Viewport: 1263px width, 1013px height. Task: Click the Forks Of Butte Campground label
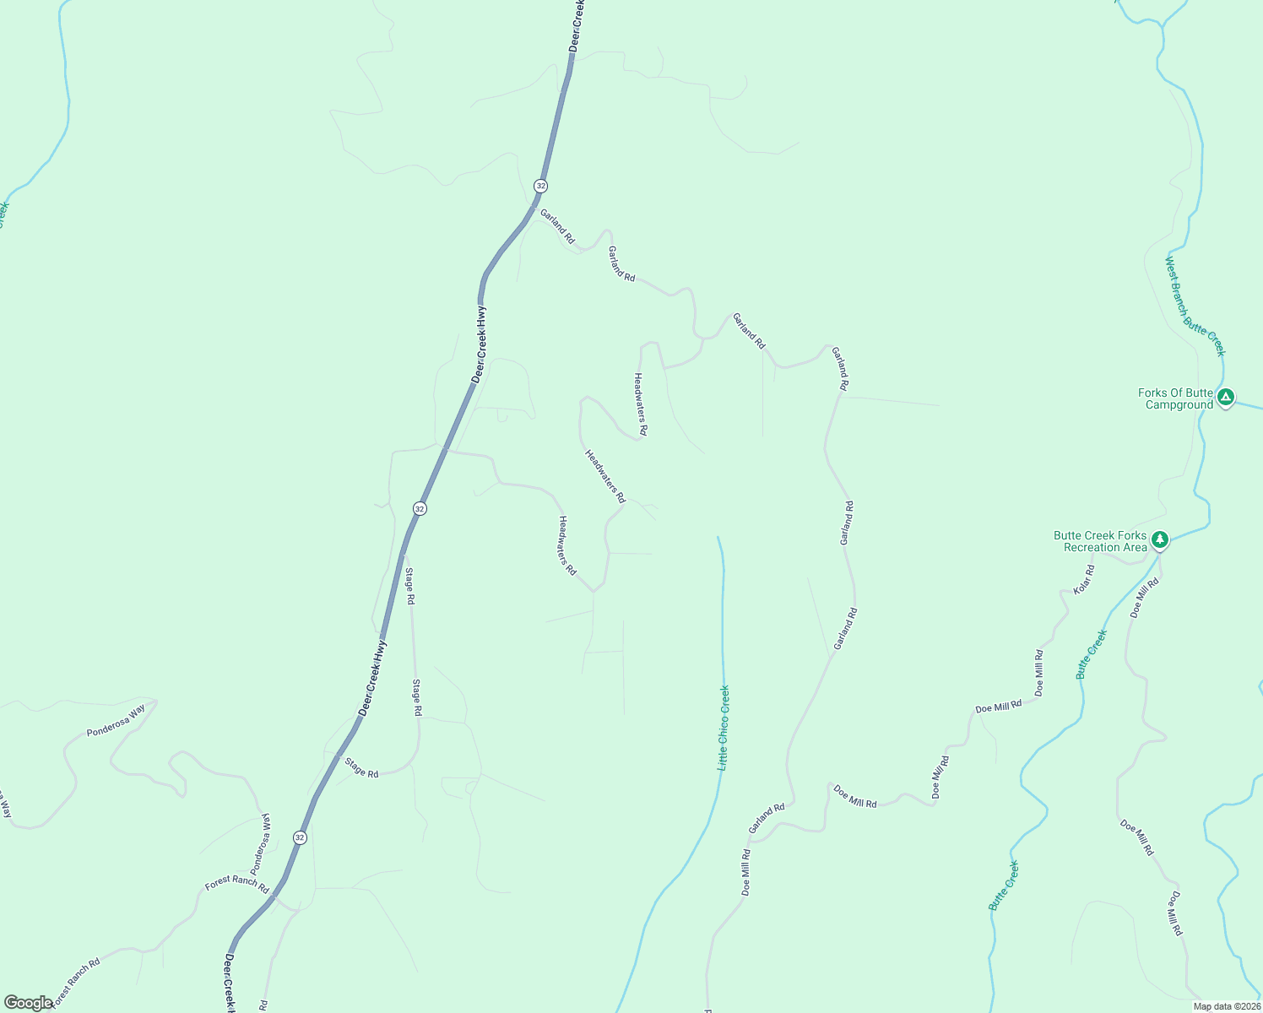pyautogui.click(x=1176, y=398)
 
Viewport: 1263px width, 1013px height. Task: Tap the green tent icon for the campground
pyautogui.click(x=1226, y=396)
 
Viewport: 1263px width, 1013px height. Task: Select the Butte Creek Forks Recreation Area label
pyautogui.click(x=1100, y=541)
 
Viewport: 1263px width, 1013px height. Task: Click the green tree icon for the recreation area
pyautogui.click(x=1160, y=539)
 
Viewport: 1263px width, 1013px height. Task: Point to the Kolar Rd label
pyautogui.click(x=1084, y=580)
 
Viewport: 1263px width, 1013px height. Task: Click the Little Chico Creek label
pyautogui.click(x=724, y=728)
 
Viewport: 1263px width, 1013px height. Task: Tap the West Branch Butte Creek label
pyautogui.click(x=1195, y=306)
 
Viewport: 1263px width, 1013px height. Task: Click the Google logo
pyautogui.click(x=28, y=1003)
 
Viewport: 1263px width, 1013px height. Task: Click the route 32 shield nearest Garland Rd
pyautogui.click(x=540, y=186)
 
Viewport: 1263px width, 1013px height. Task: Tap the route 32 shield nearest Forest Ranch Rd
pyautogui.click(x=300, y=837)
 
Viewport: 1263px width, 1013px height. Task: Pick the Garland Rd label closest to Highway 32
pyautogui.click(x=557, y=226)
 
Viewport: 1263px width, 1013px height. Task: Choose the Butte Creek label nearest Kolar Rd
pyautogui.click(x=1091, y=654)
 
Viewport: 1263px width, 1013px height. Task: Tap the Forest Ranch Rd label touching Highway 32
pyautogui.click(x=236, y=887)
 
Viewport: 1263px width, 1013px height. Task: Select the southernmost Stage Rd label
pyautogui.click(x=361, y=767)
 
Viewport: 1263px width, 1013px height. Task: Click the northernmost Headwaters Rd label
pyautogui.click(x=640, y=404)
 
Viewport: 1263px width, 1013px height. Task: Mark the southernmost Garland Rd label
pyautogui.click(x=767, y=818)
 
